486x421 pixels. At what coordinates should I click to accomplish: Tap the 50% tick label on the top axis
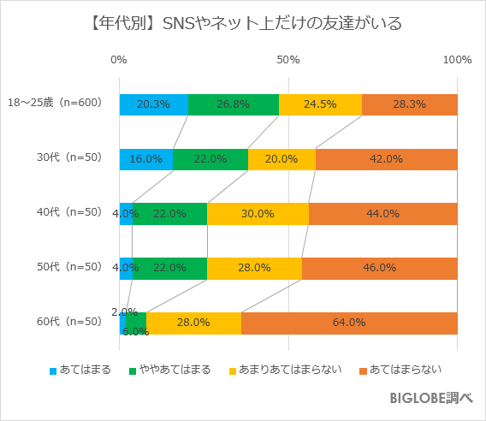pos(288,60)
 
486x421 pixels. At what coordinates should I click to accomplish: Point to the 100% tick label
pos(458,60)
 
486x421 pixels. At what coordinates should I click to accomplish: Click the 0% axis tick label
pos(119,60)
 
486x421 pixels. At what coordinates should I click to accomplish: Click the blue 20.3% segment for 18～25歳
pos(153,104)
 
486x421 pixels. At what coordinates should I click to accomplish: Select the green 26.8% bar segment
pos(233,104)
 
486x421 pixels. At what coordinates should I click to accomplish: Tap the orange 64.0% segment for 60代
pos(349,323)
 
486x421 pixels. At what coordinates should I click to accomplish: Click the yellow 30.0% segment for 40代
pos(258,214)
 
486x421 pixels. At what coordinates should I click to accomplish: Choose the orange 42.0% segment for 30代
pos(387,159)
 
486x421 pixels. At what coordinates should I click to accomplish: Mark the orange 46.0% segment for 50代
pos(380,268)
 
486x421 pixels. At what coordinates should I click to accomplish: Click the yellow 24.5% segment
pos(320,104)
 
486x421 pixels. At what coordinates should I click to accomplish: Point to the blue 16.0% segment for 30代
pos(146,159)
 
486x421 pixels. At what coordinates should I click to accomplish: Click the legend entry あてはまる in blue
pos(86,371)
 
